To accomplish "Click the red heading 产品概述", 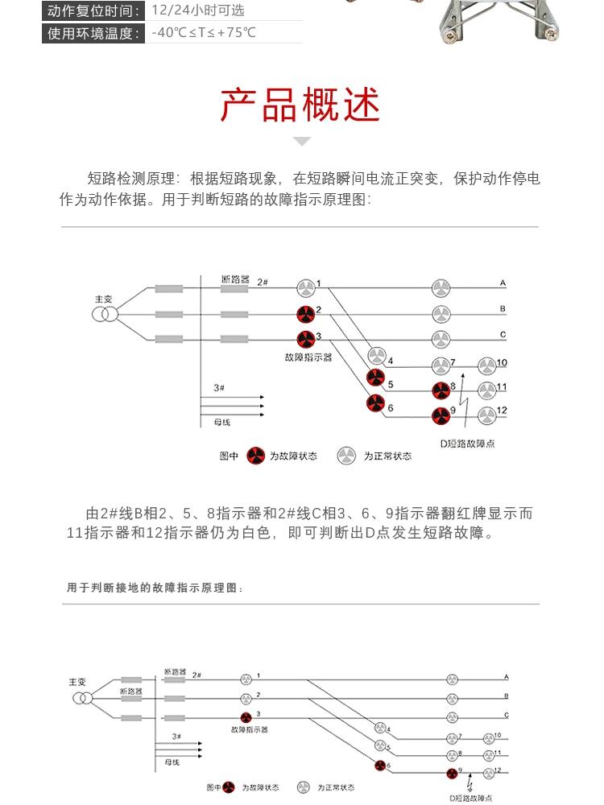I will (301, 105).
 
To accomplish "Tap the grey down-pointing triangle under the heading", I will (301, 142).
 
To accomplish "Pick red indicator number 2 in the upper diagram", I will (305, 314).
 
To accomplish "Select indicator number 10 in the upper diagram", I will (487, 366).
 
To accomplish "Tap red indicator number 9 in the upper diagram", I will (441, 415).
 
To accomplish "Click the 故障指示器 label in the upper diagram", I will (308, 357).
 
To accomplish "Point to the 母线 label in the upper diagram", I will (221, 422).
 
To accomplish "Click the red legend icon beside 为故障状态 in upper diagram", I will (255, 456).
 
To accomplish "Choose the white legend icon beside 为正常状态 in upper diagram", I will (346, 456).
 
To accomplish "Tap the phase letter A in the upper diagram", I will (503, 283).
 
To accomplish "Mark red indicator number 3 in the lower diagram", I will (246, 716).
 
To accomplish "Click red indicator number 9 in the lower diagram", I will (453, 774).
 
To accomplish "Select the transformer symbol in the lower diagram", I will (81, 697).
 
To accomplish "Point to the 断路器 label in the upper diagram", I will (235, 279).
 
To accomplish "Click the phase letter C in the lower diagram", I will (506, 715).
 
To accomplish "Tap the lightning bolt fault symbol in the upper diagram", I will (464, 386).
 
